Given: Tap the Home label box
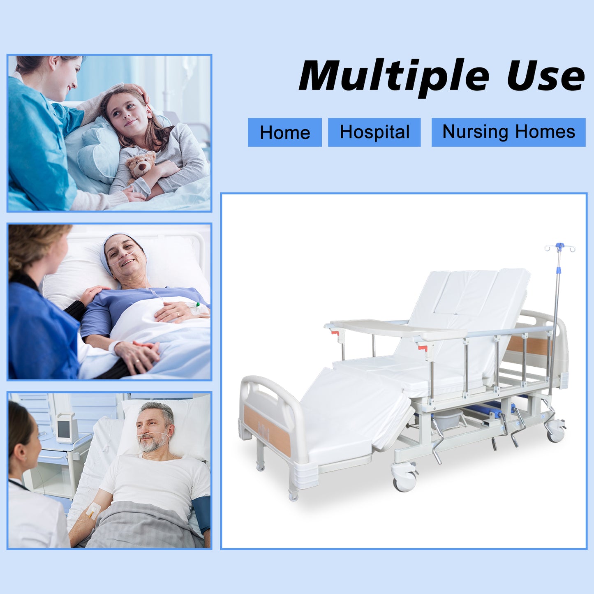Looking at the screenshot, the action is click(284, 132).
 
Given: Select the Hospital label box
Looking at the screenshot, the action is click(374, 132).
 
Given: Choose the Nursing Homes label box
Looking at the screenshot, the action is click(508, 132).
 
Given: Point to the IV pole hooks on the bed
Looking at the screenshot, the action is click(559, 247).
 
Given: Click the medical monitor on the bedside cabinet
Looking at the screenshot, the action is click(67, 428).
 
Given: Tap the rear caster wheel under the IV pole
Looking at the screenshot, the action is click(555, 432).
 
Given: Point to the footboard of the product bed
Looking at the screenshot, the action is click(273, 425).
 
